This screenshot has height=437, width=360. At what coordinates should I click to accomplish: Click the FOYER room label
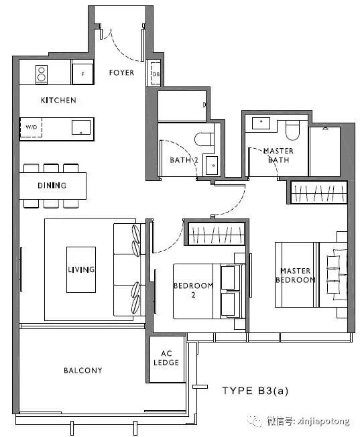pyautogui.click(x=121, y=73)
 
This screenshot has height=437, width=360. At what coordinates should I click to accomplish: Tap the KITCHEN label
pyautogui.click(x=58, y=101)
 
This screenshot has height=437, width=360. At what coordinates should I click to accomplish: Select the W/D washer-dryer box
pyautogui.click(x=31, y=127)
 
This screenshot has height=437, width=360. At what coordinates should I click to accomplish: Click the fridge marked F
pyautogui.click(x=82, y=74)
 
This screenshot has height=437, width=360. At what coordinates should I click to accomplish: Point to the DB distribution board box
pyautogui.click(x=156, y=74)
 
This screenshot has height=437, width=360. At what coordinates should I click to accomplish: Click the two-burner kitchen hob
pyautogui.click(x=42, y=74)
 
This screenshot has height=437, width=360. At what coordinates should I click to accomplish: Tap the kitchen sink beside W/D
pyautogui.click(x=81, y=127)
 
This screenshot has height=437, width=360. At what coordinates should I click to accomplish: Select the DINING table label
pyautogui.click(x=52, y=186)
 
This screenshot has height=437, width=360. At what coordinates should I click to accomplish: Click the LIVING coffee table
pyautogui.click(x=81, y=269)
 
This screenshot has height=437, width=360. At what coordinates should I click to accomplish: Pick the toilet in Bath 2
pyautogui.click(x=204, y=139)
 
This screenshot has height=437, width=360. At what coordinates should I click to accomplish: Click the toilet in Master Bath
pyautogui.click(x=292, y=130)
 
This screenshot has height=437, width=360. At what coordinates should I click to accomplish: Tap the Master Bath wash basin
pyautogui.click(x=261, y=123)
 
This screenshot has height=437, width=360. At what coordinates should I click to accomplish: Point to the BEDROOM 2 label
pyautogui.click(x=193, y=290)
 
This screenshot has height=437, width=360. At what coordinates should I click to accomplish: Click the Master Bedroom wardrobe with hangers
pyautogui.click(x=318, y=192)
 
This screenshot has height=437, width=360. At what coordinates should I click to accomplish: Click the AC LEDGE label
pyautogui.click(x=166, y=358)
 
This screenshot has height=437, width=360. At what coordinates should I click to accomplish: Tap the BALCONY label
pyautogui.click(x=83, y=371)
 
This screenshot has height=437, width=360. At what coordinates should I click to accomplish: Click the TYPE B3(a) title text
pyautogui.click(x=255, y=391)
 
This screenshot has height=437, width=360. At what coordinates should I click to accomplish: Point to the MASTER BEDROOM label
pyautogui.click(x=295, y=275)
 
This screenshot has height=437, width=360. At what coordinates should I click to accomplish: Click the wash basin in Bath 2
pyautogui.click(x=212, y=166)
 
